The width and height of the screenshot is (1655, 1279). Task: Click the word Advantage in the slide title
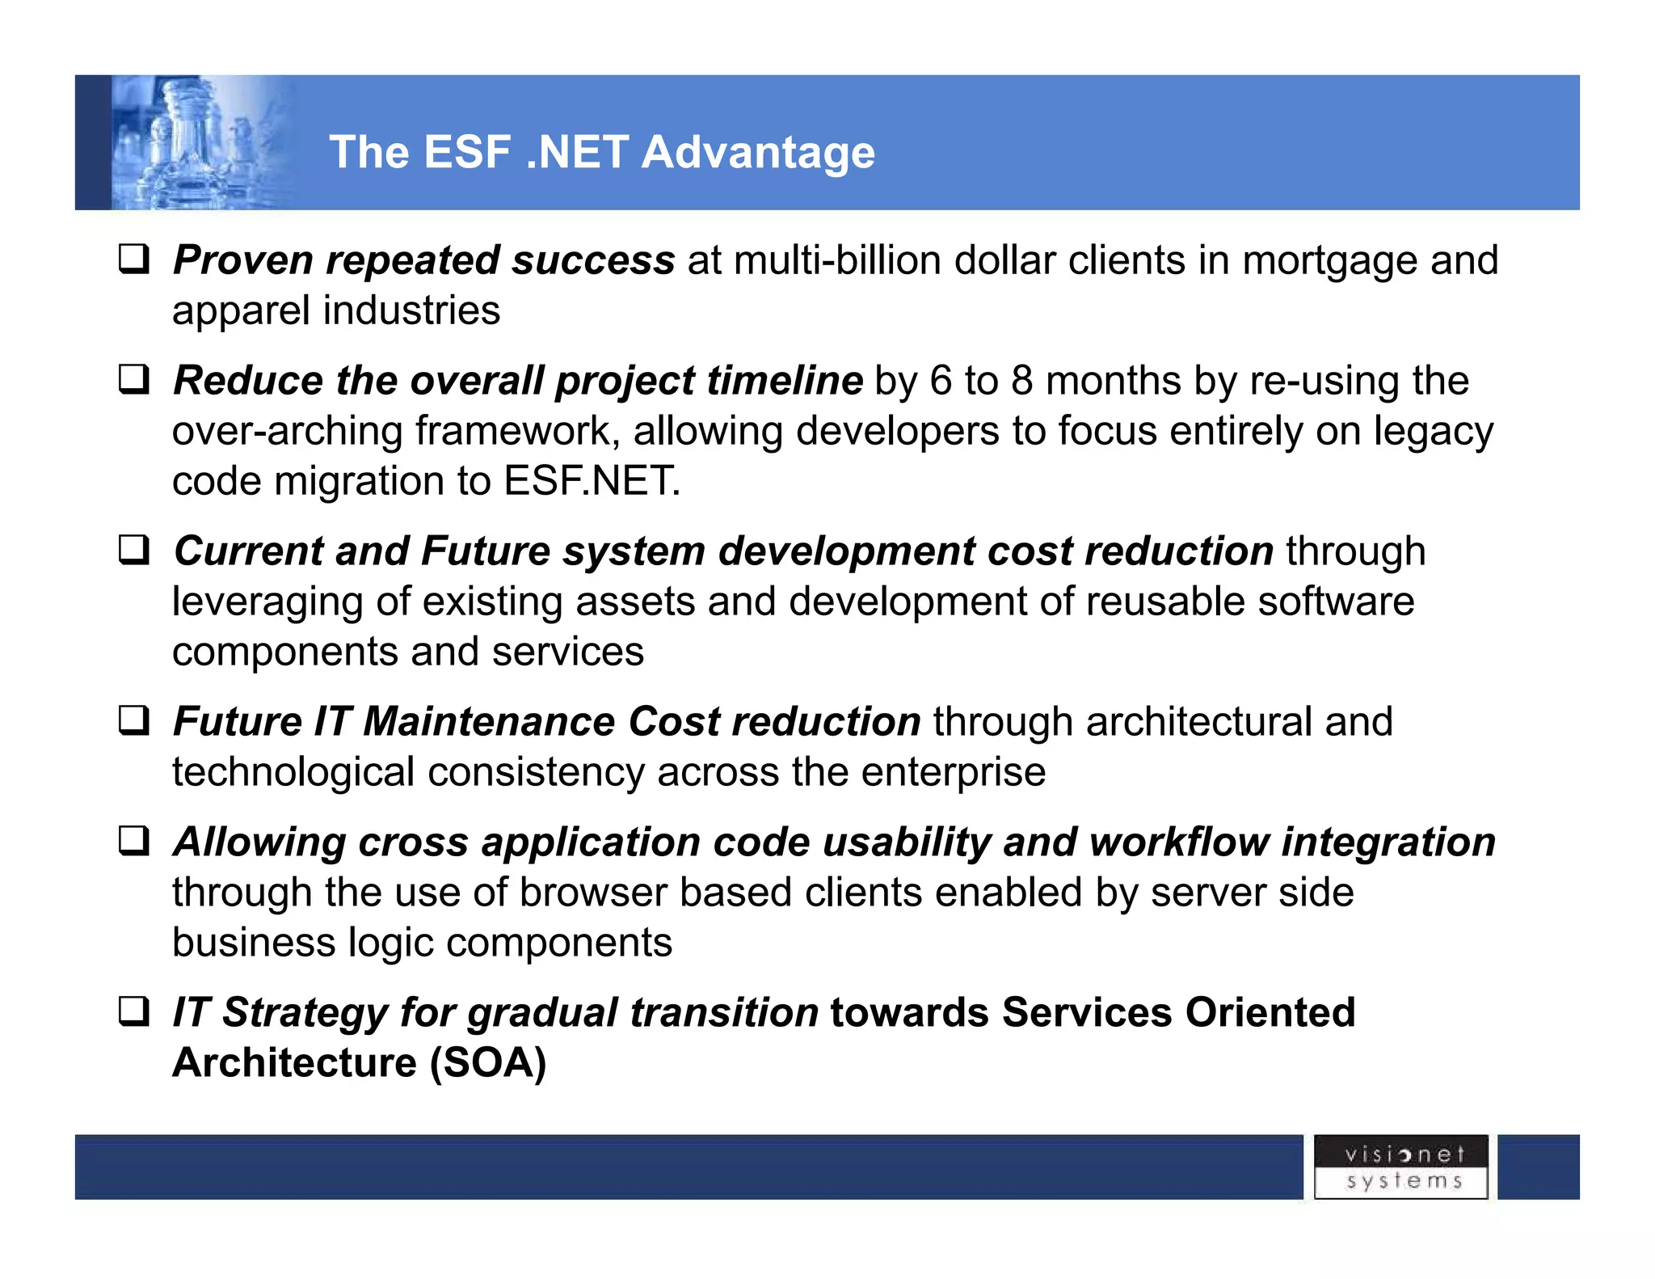757,152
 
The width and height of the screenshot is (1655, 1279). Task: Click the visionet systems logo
1400,1167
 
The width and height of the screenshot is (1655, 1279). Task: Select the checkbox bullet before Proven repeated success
134,260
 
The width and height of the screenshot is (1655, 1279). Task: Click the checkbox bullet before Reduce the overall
134,380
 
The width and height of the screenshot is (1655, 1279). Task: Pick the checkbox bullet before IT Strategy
134,1012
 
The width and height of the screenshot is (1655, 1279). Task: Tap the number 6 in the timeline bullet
941,381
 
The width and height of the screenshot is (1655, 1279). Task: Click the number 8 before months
1022,381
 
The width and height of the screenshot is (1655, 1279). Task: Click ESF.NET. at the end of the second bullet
592,482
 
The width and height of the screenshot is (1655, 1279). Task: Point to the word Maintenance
489,721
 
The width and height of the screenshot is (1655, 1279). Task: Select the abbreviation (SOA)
488,1062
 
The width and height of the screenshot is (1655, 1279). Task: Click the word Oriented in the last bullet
1270,1012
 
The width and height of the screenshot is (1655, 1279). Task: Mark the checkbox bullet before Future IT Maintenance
134,720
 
